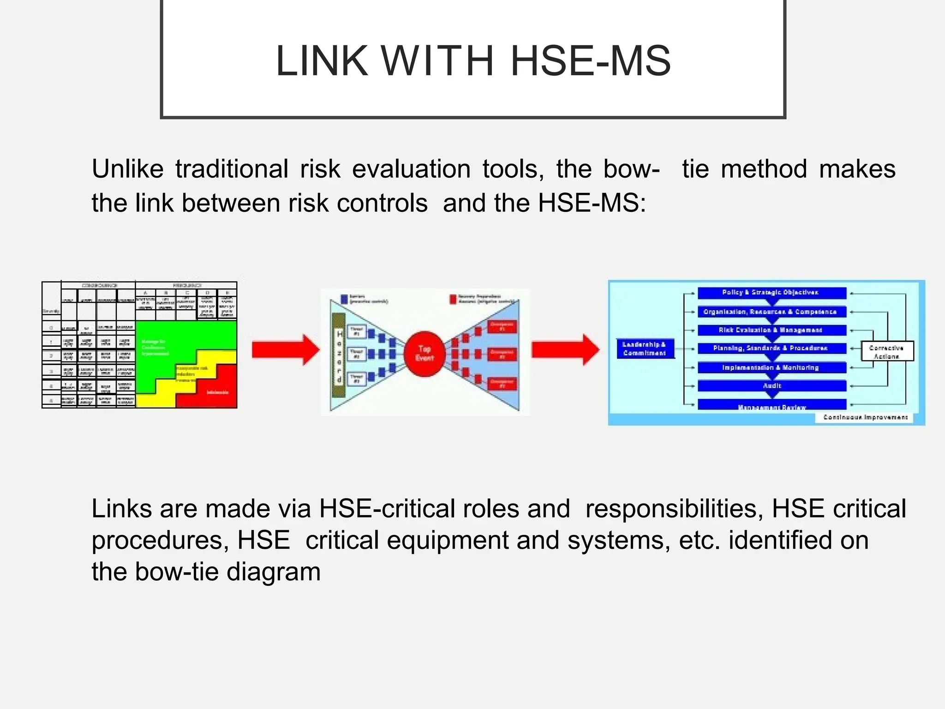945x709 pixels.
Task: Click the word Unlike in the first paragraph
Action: point(127,169)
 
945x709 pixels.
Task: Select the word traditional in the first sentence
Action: point(232,169)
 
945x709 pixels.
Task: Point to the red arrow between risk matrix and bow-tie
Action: point(285,350)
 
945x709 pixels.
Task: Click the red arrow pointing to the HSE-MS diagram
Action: point(565,350)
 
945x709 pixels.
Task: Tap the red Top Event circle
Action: point(425,354)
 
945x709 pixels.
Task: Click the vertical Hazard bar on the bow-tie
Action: point(339,355)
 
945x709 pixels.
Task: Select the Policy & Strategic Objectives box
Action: point(772,293)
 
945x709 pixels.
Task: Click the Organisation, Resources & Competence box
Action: point(772,312)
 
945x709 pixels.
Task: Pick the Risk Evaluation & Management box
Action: point(772,330)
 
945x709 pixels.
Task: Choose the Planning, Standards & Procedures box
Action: point(772,348)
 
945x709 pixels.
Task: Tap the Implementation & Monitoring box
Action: point(772,367)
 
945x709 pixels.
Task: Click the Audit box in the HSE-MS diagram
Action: point(772,385)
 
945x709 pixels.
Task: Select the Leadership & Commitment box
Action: point(645,348)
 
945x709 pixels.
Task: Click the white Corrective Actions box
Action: point(887,352)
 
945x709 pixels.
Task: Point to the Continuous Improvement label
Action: point(865,417)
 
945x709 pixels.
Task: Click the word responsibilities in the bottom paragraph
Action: point(671,509)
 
